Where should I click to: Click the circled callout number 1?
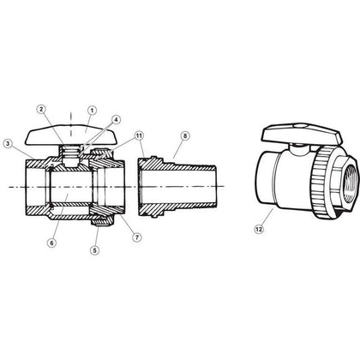point(93,109)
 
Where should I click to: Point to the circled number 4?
point(116,120)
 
